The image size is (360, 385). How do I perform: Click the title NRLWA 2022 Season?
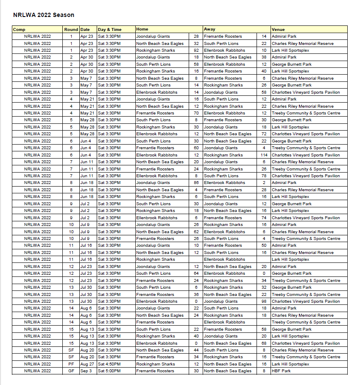coord(44,15)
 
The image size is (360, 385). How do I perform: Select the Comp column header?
coord(19,29)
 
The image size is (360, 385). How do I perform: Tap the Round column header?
coord(71,29)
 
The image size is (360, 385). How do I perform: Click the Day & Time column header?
coord(109,29)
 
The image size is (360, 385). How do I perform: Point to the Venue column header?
coord(278,29)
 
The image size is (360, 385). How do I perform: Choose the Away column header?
coord(209,29)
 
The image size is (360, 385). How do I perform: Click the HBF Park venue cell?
coord(281,371)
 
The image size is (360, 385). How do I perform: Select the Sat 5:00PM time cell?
coord(109,371)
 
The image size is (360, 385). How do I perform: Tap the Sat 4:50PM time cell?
coord(109,364)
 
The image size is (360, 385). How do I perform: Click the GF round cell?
coord(71,371)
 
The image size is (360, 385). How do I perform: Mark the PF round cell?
coord(71,364)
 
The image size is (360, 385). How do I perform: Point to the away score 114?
coord(263,155)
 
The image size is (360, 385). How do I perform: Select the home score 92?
coord(196,50)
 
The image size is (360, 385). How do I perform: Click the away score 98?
coord(264,301)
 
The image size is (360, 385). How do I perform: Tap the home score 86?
coord(196,183)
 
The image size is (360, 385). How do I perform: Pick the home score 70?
coord(196,113)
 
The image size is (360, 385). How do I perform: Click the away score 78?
coord(264,176)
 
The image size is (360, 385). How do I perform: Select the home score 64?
coord(196,273)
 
